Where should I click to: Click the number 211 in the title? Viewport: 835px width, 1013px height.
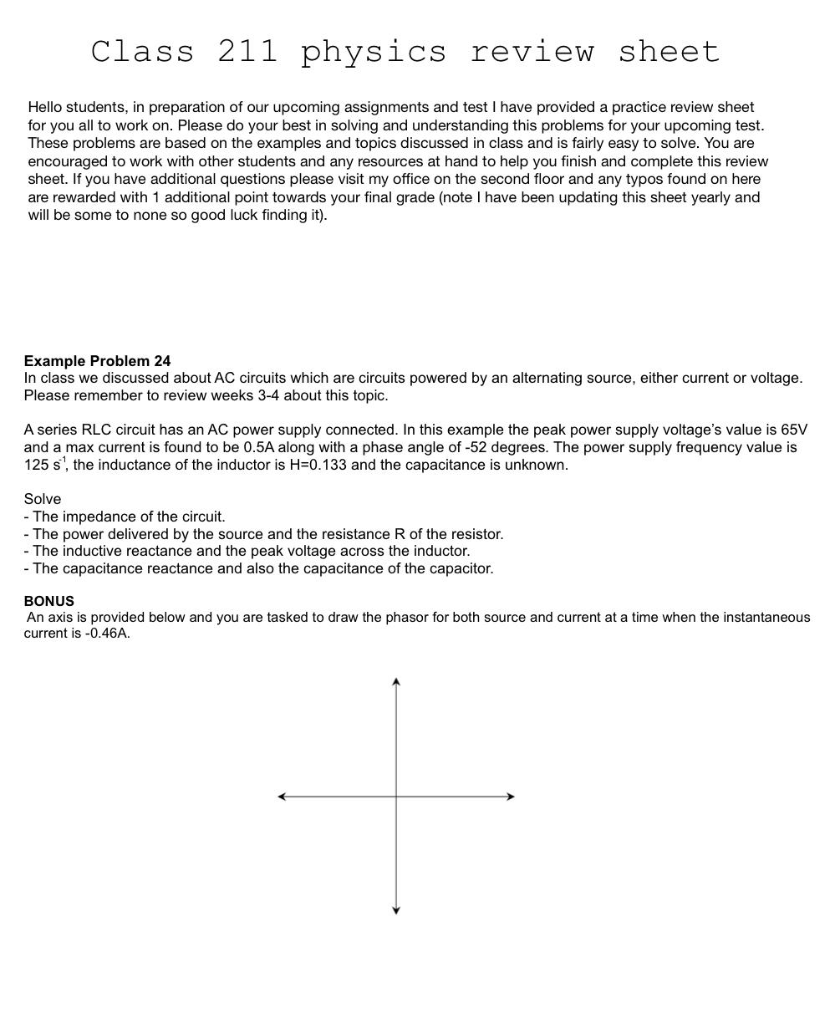pyautogui.click(x=247, y=52)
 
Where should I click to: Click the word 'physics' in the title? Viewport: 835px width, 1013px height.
pyautogui.click(x=374, y=52)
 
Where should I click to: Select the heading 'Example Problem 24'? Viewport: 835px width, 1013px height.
pyautogui.click(x=97, y=361)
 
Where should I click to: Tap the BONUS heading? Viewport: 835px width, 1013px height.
pyautogui.click(x=48, y=601)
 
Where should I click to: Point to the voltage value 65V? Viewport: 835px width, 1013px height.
pyautogui.click(x=794, y=430)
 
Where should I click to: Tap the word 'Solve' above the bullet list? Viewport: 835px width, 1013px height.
pyautogui.click(x=42, y=499)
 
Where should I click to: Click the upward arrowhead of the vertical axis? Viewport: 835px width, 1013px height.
pyautogui.click(x=396, y=682)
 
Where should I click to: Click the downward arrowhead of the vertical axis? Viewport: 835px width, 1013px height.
pyautogui.click(x=396, y=910)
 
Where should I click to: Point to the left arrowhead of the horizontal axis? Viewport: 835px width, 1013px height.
pyautogui.click(x=282, y=797)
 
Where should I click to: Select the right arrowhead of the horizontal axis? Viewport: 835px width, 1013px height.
pyautogui.click(x=510, y=797)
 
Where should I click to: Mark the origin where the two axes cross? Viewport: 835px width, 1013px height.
pyautogui.click(x=396, y=797)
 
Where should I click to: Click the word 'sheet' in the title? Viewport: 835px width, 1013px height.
pyautogui.click(x=669, y=52)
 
